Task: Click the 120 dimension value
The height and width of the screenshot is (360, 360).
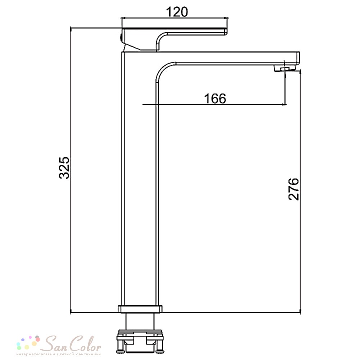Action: (177, 12)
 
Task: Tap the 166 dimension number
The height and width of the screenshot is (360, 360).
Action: (215, 99)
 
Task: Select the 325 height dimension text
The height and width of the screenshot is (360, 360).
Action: (64, 168)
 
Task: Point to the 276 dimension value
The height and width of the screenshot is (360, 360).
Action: (293, 189)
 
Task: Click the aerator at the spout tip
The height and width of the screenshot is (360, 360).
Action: (284, 68)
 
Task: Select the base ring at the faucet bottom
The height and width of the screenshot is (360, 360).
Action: (140, 309)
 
